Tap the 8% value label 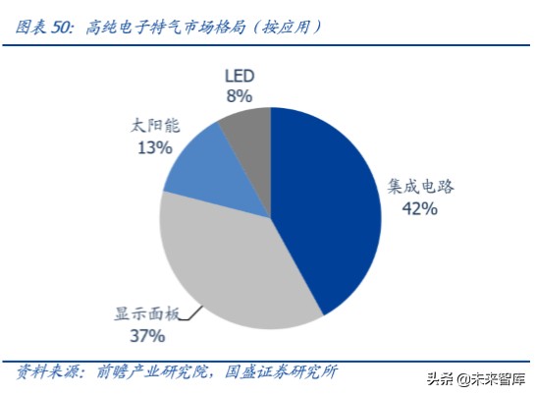click(239, 95)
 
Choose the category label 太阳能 click(155, 127)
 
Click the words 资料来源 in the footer click(45, 372)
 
